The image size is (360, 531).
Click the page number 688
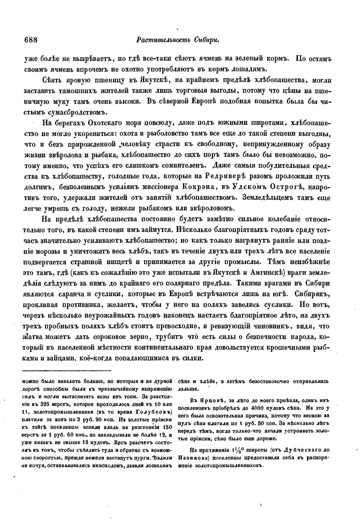point(31,40)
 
